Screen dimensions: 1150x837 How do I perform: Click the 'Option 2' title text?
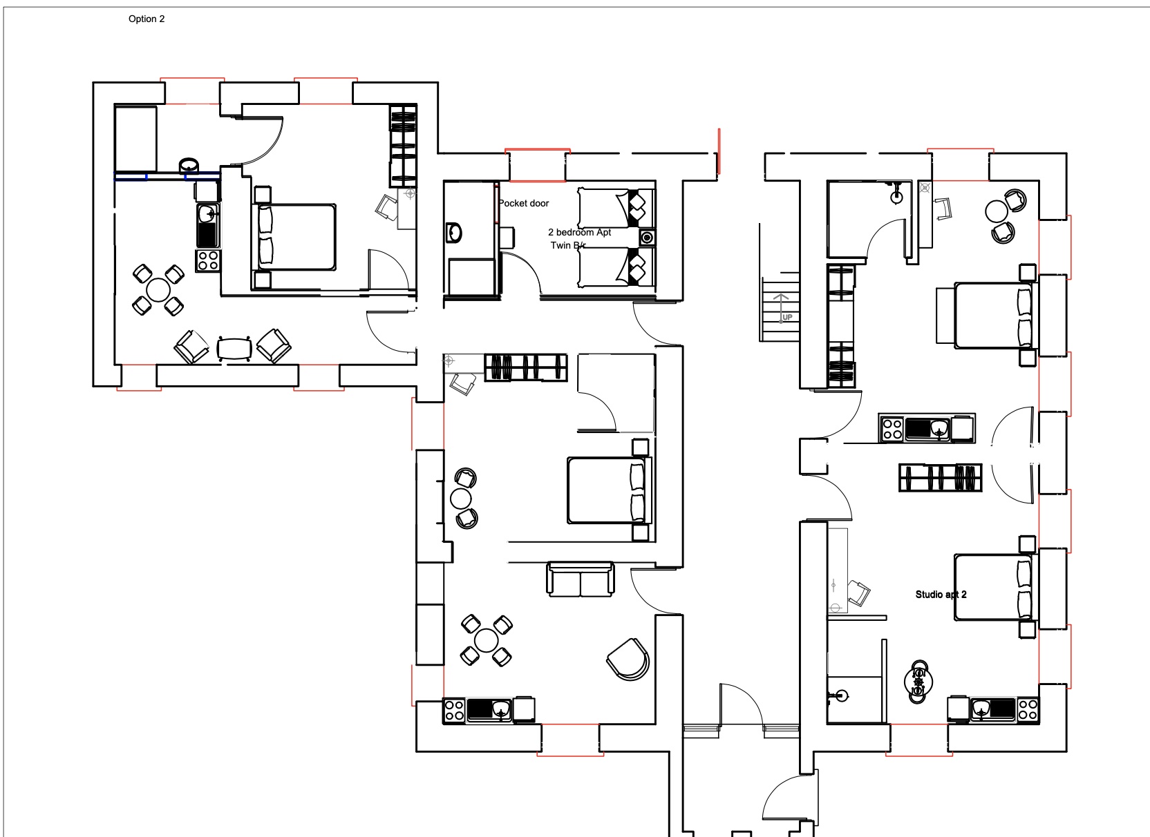pyautogui.click(x=147, y=19)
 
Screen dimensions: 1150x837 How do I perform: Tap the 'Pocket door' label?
pyautogui.click(x=524, y=203)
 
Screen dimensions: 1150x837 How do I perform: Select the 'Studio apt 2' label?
pyautogui.click(x=941, y=595)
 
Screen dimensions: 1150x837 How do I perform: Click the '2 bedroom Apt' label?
pyautogui.click(x=580, y=232)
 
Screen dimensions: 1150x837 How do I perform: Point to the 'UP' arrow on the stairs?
pyautogui.click(x=782, y=308)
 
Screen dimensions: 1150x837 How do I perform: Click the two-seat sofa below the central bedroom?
pyautogui.click(x=580, y=579)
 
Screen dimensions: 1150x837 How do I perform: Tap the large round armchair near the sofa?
pyautogui.click(x=628, y=660)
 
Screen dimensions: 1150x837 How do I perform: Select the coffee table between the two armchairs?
pyautogui.click(x=234, y=349)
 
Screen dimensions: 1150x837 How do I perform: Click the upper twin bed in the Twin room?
pyautogui.click(x=616, y=208)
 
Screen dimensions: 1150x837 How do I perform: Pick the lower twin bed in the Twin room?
pyautogui.click(x=616, y=267)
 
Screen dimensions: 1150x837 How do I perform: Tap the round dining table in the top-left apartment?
pyautogui.click(x=158, y=290)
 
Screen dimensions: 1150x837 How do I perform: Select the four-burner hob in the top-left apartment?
pyautogui.click(x=208, y=260)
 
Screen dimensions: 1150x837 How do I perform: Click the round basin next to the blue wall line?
pyautogui.click(x=189, y=165)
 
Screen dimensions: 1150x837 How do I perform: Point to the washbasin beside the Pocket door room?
pyautogui.click(x=454, y=233)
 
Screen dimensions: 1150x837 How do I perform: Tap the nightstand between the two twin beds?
pyautogui.click(x=647, y=238)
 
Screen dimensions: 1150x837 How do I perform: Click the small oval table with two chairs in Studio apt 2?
pyautogui.click(x=918, y=682)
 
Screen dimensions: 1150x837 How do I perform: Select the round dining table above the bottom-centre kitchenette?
pyautogui.click(x=486, y=641)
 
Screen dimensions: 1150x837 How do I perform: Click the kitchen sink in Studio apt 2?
pyautogui.click(x=981, y=709)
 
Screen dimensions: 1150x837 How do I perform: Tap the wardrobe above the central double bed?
pyautogui.click(x=526, y=367)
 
